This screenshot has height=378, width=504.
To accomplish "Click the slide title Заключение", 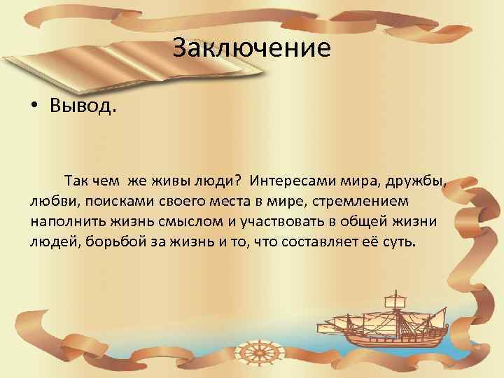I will coord(251,48).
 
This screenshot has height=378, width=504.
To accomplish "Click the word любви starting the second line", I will coord(50,202).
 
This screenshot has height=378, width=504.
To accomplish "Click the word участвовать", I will coord(283,222).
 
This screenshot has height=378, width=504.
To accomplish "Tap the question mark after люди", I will coord(239,181).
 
